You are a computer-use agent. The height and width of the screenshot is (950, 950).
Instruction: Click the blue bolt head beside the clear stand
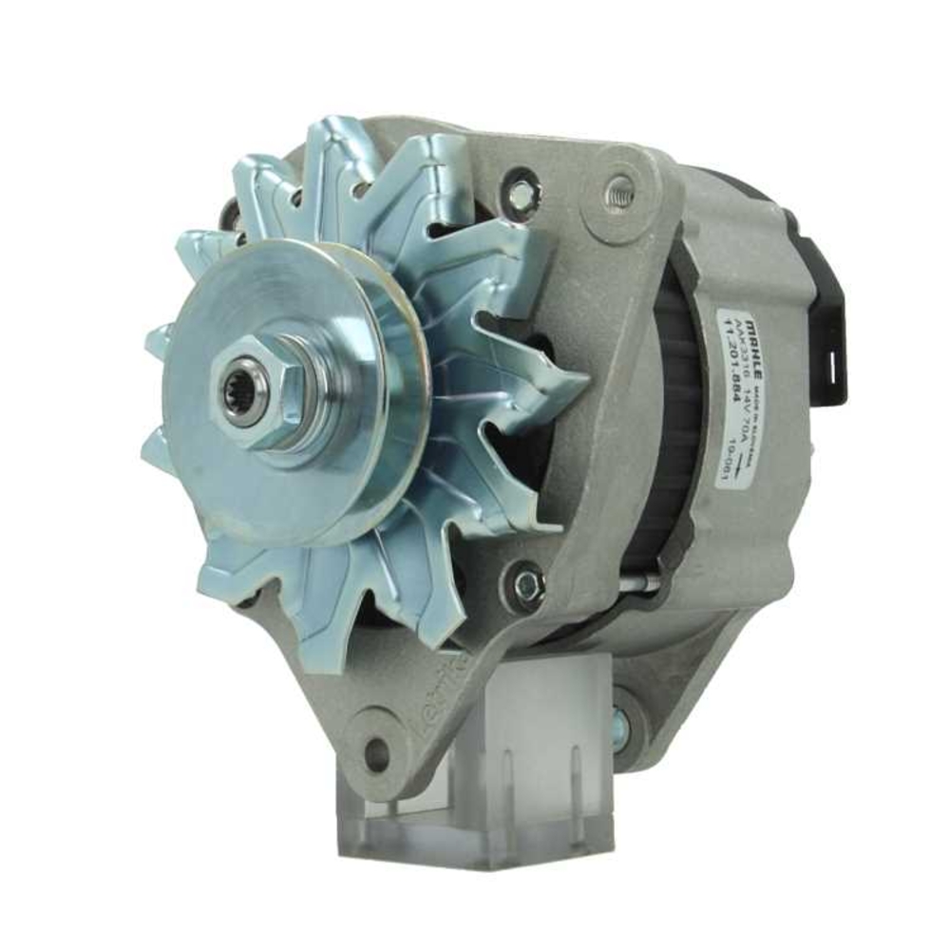[x=622, y=722]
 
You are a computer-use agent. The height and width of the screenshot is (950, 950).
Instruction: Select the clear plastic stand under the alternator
[x=475, y=760]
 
